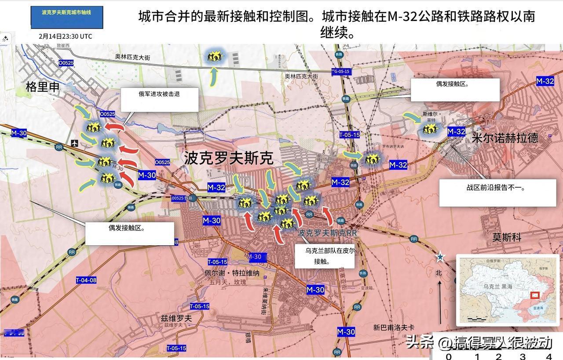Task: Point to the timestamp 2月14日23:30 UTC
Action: [x=66, y=36]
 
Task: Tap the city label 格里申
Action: [x=43, y=87]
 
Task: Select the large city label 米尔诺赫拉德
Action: [x=505, y=138]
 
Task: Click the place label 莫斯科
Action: [x=507, y=237]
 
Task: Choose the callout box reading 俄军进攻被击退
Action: [x=159, y=99]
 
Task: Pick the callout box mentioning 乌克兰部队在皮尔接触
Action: [x=324, y=256]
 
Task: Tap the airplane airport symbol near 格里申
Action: [x=75, y=143]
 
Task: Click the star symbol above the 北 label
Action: [x=440, y=257]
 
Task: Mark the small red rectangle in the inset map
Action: [x=535, y=296]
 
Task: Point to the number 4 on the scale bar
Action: [x=548, y=356]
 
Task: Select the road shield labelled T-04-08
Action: [x=86, y=280]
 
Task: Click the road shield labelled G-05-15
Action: [x=341, y=71]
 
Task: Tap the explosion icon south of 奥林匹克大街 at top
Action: [x=216, y=56]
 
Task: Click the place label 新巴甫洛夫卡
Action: [x=394, y=327]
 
